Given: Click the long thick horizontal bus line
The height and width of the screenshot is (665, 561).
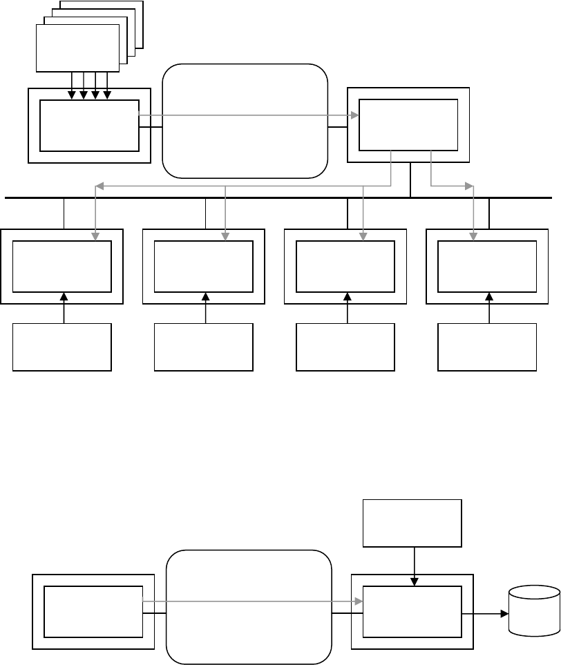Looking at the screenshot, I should (276, 197).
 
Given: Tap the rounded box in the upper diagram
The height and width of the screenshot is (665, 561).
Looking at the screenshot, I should (245, 122).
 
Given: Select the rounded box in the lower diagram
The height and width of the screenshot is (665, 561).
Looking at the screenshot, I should (249, 608).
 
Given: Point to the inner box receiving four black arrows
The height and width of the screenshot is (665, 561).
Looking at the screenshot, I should (89, 125).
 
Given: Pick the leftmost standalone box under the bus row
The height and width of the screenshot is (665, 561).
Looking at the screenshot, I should (62, 348).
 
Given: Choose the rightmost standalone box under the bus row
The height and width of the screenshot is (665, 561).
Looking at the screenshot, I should (488, 348).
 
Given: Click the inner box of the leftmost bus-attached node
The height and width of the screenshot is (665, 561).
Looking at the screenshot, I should (62, 267).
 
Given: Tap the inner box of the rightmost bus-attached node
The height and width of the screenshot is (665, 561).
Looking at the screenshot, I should (488, 267).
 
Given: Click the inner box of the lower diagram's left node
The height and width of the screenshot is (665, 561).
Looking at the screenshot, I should (93, 611).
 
